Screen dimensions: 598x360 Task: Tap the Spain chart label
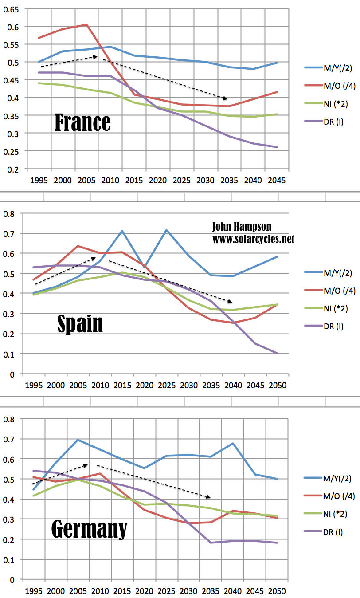[x=80, y=323]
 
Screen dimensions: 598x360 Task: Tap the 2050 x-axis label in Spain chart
[x=278, y=385]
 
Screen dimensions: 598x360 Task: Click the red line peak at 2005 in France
[x=86, y=24]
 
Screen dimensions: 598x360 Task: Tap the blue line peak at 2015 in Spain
[x=121, y=231]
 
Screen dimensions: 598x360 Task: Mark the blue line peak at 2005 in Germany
[x=78, y=440]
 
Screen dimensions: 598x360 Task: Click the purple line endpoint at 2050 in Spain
[x=278, y=354]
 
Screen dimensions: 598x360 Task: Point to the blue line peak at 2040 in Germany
[x=233, y=443]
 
